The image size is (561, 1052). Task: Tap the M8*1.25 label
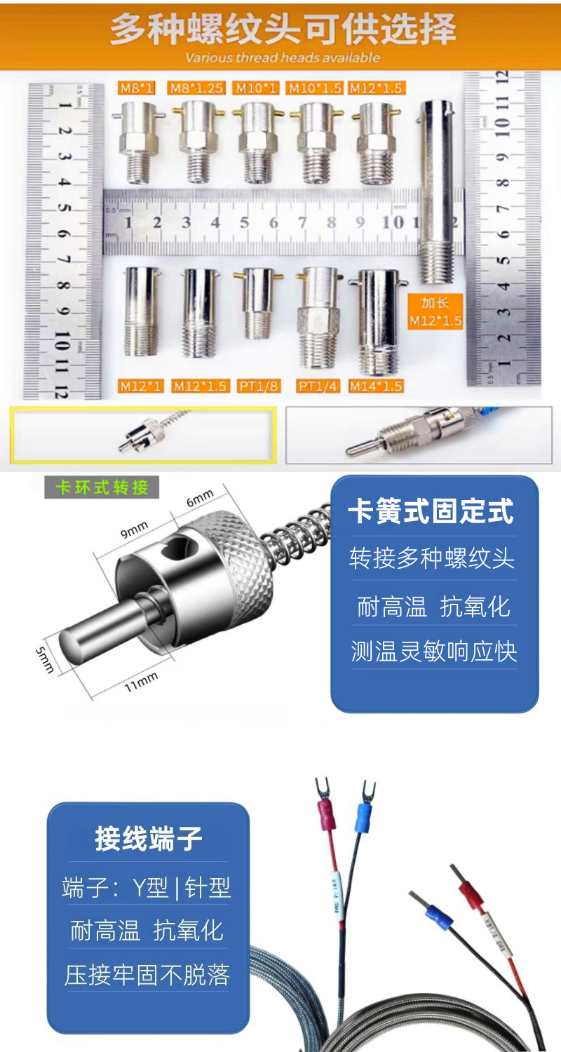coord(196,88)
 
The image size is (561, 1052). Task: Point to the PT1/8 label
coord(259,386)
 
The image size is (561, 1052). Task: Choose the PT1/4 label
coord(318,386)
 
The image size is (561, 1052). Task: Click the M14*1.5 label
coord(376,386)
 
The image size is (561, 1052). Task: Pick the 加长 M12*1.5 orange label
coord(435,312)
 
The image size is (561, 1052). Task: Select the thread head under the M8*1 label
coord(137,140)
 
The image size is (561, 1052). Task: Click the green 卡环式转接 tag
coord(102,487)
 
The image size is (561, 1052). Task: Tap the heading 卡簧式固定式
coord(431,512)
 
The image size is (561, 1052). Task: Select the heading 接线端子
coord(149,839)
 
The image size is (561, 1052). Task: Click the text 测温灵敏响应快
coord(434,651)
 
